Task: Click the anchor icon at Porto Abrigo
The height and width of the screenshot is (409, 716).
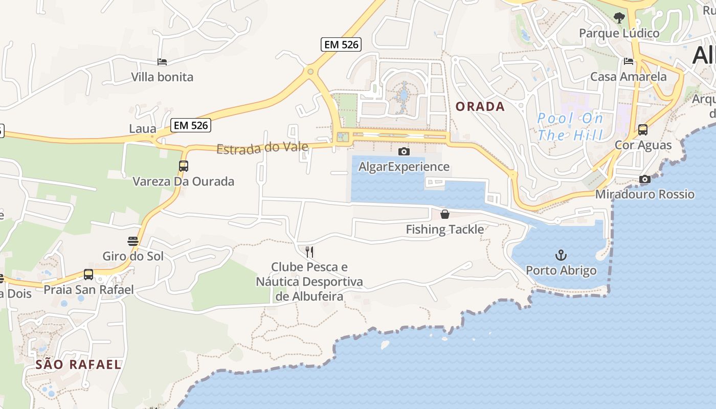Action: (x=561, y=255)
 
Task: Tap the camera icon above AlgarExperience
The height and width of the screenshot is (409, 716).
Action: (x=404, y=151)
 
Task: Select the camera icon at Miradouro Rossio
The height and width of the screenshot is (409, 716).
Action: (x=645, y=179)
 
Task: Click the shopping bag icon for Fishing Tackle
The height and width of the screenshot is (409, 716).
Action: (x=445, y=214)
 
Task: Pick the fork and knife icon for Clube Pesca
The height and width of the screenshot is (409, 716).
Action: (x=309, y=252)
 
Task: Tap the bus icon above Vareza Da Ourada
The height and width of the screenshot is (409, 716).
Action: (x=183, y=166)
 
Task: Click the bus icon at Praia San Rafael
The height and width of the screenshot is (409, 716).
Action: (x=88, y=275)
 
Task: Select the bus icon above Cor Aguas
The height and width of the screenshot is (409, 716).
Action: (x=643, y=129)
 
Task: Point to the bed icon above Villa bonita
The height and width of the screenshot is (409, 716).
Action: (x=162, y=62)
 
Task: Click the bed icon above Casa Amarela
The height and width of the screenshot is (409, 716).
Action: (x=629, y=61)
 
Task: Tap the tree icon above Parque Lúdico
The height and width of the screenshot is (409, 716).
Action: (x=619, y=18)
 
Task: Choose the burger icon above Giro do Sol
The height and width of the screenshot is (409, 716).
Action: (x=133, y=241)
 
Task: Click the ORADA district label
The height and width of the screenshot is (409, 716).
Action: (x=480, y=106)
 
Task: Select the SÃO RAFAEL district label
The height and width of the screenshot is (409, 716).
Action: (x=79, y=365)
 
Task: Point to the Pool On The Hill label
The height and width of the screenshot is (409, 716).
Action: (x=570, y=127)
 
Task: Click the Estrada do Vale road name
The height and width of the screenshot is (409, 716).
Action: (x=262, y=148)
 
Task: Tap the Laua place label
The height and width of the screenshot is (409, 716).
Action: (x=142, y=128)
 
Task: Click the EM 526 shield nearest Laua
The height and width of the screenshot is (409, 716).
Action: (x=191, y=125)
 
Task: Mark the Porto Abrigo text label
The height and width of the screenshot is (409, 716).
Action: (x=561, y=270)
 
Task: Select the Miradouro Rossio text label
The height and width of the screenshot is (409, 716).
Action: (x=645, y=194)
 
